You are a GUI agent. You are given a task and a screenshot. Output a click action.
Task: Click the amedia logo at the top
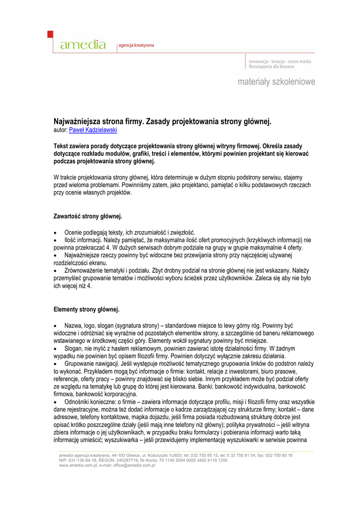pos(83,45)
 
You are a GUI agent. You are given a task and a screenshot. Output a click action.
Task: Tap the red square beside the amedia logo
pos(50,34)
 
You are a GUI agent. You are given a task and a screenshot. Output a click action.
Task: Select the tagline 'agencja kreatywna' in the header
pos(136,45)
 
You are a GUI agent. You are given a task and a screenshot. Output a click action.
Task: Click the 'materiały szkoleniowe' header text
pos(276,82)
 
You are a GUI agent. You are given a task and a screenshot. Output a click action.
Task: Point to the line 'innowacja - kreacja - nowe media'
pos(280,61)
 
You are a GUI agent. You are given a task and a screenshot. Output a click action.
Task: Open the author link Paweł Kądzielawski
pos(93,130)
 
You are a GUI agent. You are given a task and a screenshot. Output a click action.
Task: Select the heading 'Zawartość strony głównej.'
pos(88,216)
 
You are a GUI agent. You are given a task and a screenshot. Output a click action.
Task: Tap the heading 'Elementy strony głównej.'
pos(87,310)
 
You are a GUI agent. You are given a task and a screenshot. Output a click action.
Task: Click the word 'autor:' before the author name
pos(60,130)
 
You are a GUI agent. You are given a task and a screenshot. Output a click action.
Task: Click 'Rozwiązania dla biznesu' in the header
pos(271,67)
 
